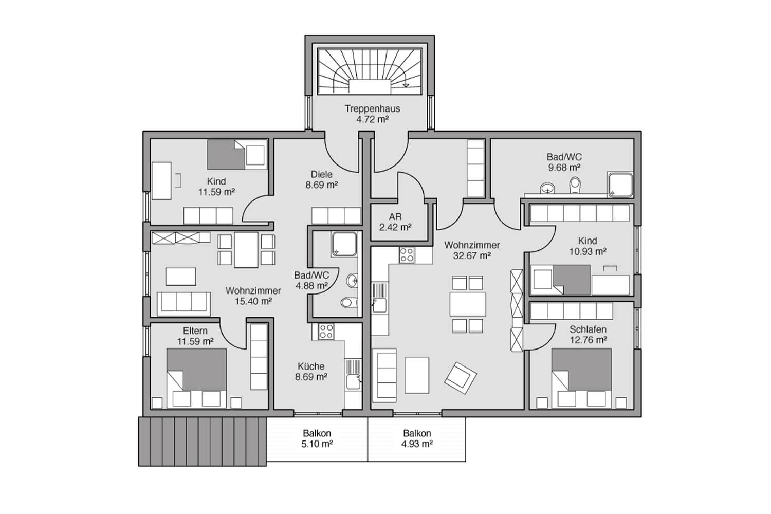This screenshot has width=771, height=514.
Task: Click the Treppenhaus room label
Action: click(x=373, y=109)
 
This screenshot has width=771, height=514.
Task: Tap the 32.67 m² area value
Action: click(x=471, y=256)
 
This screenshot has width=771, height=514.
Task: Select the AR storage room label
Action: click(x=395, y=217)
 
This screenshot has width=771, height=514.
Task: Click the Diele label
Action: click(x=321, y=174)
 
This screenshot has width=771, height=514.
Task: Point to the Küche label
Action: click(x=311, y=366)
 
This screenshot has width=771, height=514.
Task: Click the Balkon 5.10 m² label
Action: click(x=317, y=438)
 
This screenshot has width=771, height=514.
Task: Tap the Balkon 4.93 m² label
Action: click(x=417, y=438)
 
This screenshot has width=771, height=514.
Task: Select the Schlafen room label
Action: click(x=588, y=329)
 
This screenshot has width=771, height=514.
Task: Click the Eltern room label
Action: click(x=195, y=331)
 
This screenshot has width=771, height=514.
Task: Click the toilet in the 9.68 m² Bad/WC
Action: click(x=575, y=185)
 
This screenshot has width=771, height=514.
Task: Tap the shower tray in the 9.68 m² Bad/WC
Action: click(x=620, y=185)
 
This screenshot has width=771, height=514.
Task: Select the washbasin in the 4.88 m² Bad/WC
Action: click(x=352, y=281)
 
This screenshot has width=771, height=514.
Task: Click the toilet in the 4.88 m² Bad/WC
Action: click(x=350, y=303)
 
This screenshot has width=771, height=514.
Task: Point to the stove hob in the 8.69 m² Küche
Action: click(x=326, y=332)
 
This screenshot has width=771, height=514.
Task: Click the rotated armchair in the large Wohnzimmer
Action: click(x=461, y=378)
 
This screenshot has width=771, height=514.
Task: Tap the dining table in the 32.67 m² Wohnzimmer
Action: click(x=467, y=304)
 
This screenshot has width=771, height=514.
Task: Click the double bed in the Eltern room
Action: click(x=196, y=378)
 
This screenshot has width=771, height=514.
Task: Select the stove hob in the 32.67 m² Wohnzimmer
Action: click(x=407, y=255)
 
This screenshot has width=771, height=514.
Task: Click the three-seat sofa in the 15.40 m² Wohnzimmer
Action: click(x=183, y=304)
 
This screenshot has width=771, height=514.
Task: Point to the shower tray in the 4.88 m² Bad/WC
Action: click(x=344, y=244)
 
